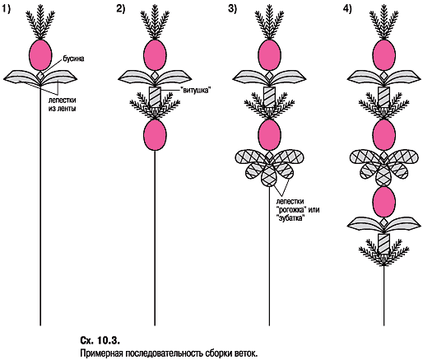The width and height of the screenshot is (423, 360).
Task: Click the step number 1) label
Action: click(x=6, y=9)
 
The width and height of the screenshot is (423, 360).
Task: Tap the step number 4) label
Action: click(x=347, y=9)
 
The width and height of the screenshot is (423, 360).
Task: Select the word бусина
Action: click(x=73, y=58)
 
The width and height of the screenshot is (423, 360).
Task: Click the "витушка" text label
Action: click(x=197, y=90)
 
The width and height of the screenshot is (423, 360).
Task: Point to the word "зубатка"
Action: click(x=291, y=218)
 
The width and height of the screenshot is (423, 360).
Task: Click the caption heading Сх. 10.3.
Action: click(x=100, y=340)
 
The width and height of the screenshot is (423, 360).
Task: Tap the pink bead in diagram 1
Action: click(x=40, y=55)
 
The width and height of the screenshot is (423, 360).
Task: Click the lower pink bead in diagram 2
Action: click(x=155, y=135)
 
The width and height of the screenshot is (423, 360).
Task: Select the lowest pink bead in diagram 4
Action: click(x=383, y=203)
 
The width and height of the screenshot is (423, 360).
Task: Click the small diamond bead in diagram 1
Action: click(x=40, y=76)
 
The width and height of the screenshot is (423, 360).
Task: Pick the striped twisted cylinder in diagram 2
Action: click(x=155, y=96)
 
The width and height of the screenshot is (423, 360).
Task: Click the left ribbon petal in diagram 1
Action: click(x=21, y=77)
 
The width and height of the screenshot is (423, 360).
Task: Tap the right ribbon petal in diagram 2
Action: click(x=174, y=77)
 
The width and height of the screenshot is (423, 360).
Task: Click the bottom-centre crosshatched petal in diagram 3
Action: click(x=269, y=176)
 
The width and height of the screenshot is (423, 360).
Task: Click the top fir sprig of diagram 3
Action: click(x=269, y=25)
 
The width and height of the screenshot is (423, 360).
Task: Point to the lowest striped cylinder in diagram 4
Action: click(x=383, y=244)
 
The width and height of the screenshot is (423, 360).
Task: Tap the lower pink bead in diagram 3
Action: click(x=269, y=135)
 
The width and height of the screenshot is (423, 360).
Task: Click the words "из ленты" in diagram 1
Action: click(x=63, y=109)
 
